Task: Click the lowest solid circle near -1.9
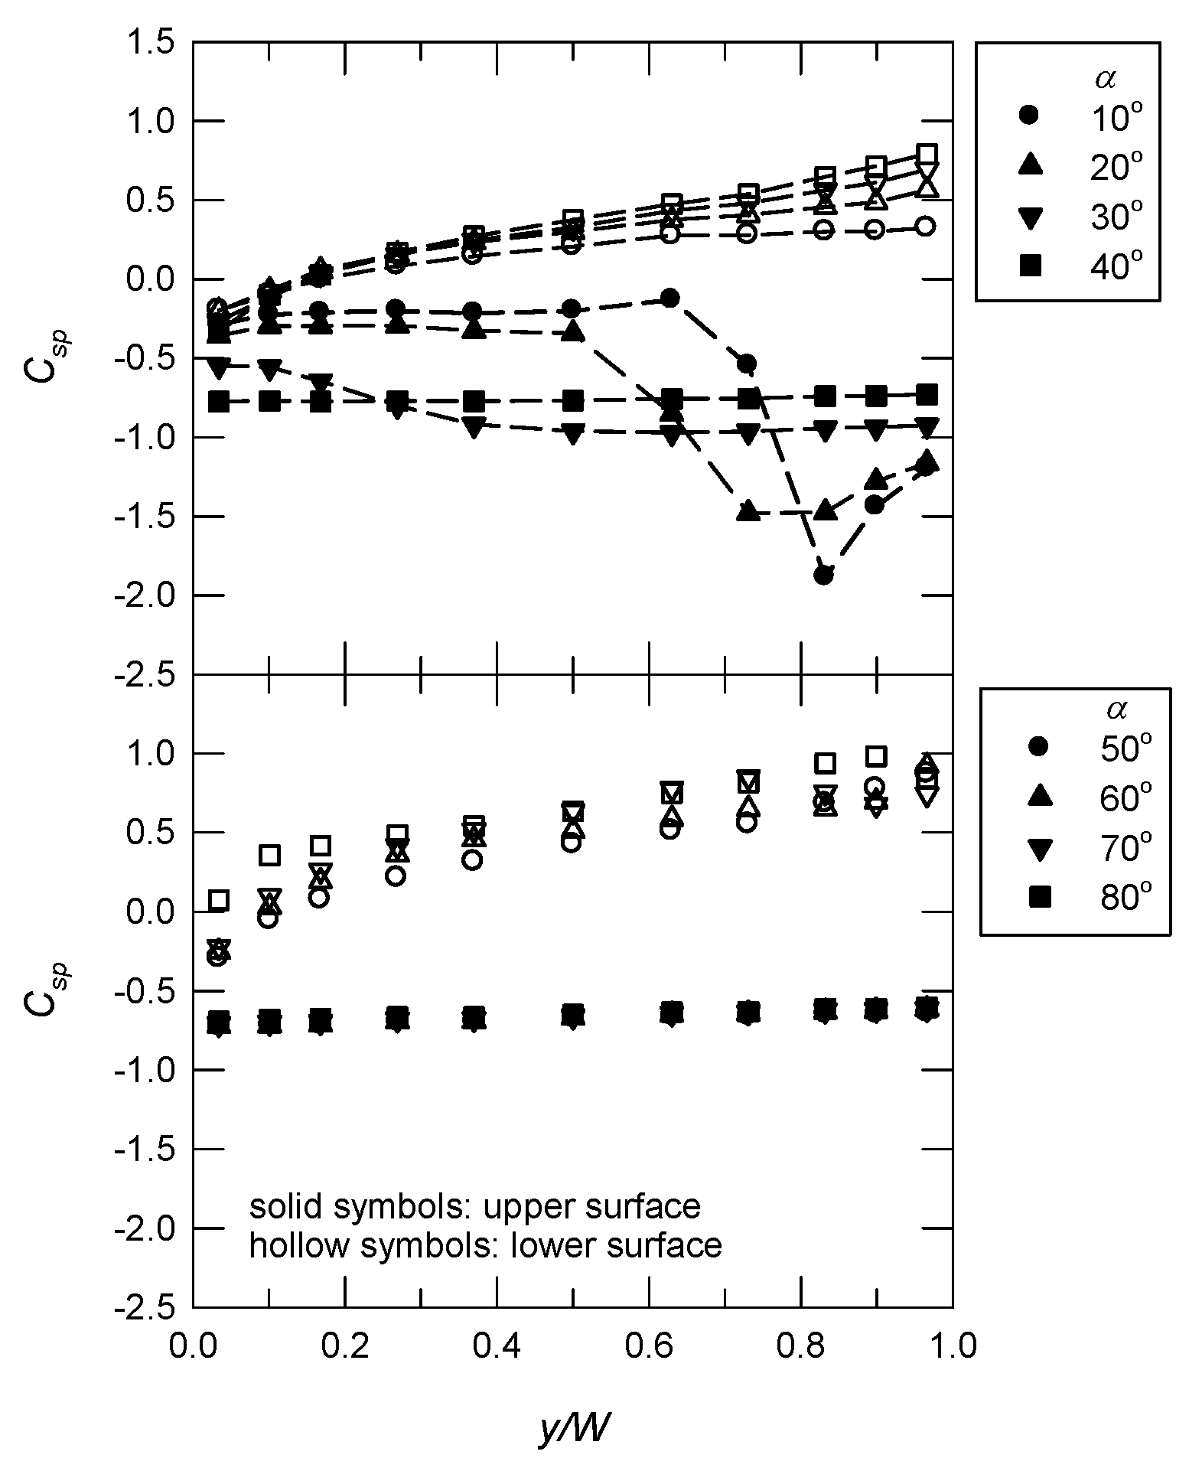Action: [823, 575]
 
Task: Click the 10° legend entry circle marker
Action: [1029, 116]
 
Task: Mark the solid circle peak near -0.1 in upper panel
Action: [669, 298]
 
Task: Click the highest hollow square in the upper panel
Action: [927, 152]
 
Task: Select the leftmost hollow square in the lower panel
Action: [219, 900]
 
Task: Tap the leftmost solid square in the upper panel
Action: [219, 401]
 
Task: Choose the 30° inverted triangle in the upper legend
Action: [1029, 218]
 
